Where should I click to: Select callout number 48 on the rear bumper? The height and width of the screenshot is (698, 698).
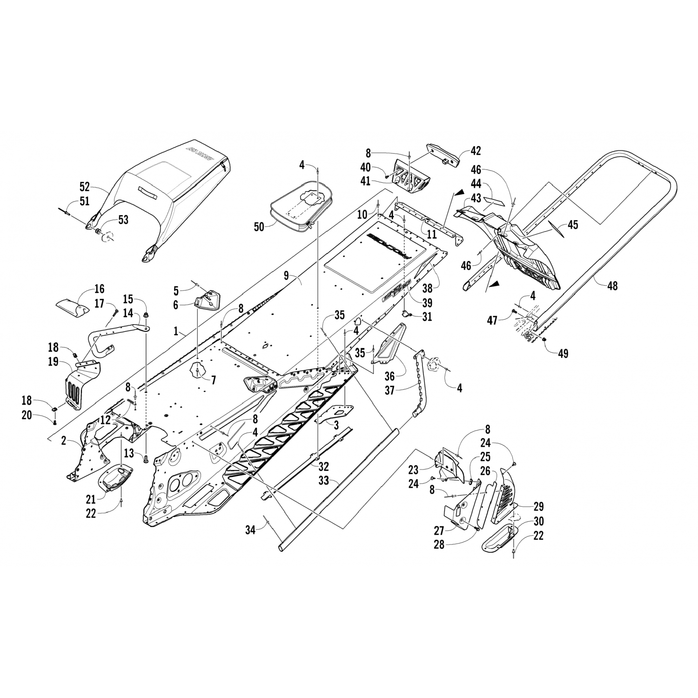tap(612, 285)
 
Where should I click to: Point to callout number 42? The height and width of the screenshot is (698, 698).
tap(476, 151)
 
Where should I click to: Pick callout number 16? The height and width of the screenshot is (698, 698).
tap(99, 289)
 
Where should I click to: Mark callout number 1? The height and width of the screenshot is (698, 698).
tap(176, 331)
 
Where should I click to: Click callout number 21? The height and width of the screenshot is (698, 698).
tap(91, 499)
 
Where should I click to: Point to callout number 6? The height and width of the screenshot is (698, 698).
tap(175, 305)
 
